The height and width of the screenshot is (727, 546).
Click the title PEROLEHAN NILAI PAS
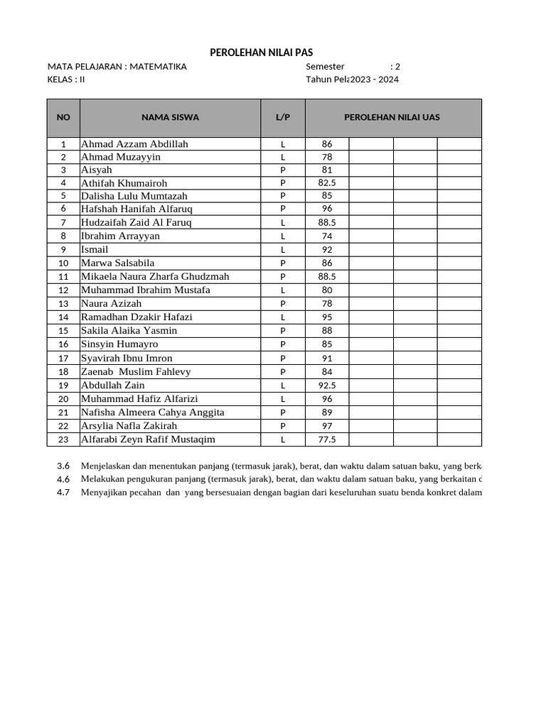click(261, 53)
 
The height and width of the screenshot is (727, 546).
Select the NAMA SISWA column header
click(170, 117)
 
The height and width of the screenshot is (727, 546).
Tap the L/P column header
click(282, 117)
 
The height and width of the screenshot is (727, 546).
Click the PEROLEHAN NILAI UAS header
click(392, 117)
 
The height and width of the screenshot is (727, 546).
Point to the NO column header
click(63, 117)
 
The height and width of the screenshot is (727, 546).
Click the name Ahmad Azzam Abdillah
click(134, 144)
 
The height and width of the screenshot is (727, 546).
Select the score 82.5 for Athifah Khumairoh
click(326, 183)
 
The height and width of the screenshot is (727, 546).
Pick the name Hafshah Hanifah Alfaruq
click(136, 209)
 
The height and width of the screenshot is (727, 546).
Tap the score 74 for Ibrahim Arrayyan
click(326, 236)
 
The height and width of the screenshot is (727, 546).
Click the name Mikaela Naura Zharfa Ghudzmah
click(155, 276)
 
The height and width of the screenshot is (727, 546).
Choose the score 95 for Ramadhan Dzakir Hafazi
click(326, 317)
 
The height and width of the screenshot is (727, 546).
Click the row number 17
click(63, 359)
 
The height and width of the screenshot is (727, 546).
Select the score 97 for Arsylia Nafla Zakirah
click(326, 426)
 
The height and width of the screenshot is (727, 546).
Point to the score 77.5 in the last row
click(326, 439)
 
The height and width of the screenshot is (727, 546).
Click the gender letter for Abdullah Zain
click(282, 386)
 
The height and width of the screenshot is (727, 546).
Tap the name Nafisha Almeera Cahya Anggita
click(153, 412)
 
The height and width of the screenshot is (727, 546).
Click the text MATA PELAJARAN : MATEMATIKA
click(117, 67)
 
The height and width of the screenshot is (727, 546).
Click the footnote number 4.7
click(63, 493)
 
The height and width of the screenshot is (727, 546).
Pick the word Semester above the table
click(325, 67)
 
